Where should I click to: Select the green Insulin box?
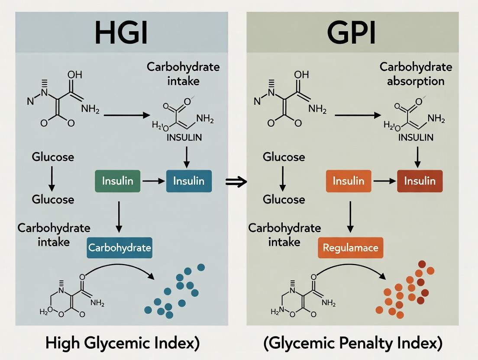pos(117,181)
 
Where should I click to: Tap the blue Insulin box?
pos(189,181)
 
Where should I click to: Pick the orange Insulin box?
pos(349,181)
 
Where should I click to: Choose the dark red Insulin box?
pos(420,181)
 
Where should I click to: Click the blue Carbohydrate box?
pos(119,248)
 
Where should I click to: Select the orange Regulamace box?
pos(351,248)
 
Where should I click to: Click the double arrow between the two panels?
pos(236,182)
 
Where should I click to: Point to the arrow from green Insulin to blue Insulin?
pos(153,181)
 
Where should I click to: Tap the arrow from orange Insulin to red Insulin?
pos(384,181)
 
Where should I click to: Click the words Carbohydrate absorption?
pos(416,74)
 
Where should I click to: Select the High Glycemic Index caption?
pos(123,343)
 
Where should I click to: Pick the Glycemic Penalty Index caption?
pos(353,343)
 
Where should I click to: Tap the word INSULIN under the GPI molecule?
pos(416,138)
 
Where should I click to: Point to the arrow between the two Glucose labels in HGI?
pos(52,178)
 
